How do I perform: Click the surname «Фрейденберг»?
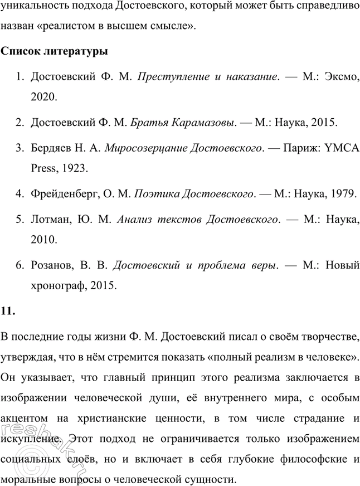pos(65,194)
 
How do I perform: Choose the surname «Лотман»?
pos(50,218)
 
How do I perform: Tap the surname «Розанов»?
pos(52,266)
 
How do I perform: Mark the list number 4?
pos(18,194)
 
